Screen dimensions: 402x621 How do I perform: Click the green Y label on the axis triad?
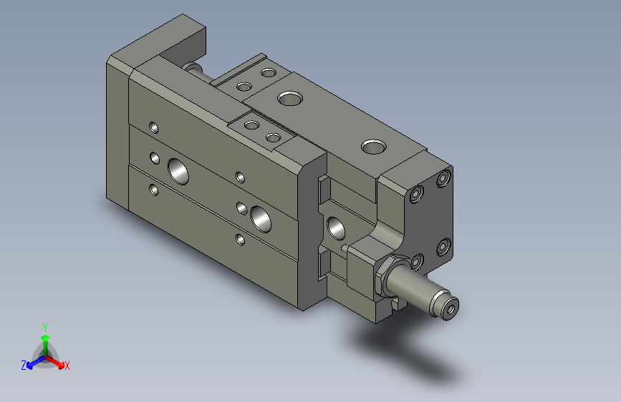44,326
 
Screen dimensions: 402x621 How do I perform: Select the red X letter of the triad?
67,366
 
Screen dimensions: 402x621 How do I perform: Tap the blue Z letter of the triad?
24,365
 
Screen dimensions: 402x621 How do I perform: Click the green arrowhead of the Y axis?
45,338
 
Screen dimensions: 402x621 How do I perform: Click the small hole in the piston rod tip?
451,308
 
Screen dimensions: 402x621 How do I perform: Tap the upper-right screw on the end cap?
444,177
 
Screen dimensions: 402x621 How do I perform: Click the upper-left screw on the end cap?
417,195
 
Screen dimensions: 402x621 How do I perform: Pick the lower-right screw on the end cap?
443,247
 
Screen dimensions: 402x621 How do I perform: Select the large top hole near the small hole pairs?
289,97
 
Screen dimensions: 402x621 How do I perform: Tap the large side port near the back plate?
177,170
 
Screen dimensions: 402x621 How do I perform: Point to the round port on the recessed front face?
335,228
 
